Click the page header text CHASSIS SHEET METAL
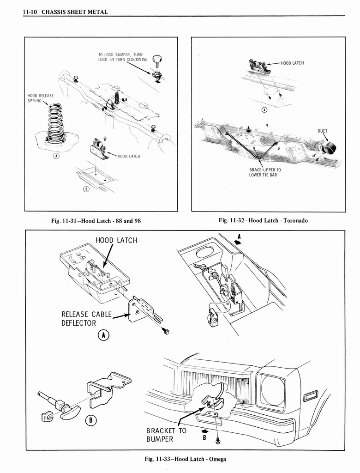tap(74, 12)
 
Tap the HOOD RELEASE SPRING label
tap(41, 98)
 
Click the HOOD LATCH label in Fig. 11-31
tap(129, 156)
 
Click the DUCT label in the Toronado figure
tap(322, 131)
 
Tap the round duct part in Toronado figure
tap(330, 148)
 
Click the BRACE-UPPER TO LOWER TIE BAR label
tap(265, 172)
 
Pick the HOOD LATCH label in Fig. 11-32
tap(292, 63)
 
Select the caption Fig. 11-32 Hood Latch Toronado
tap(263, 220)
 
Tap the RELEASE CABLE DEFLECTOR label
tap(86, 319)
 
